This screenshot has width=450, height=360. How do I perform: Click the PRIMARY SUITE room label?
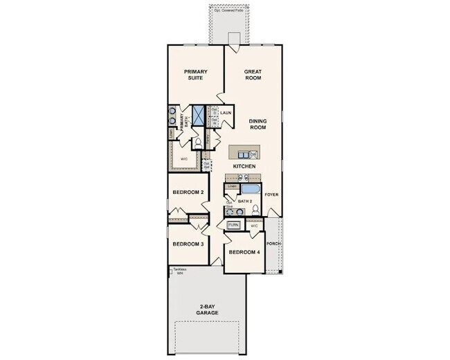click(x=196, y=75)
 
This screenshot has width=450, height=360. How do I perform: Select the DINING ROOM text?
click(x=258, y=124)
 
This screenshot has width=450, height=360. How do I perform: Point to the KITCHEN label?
click(x=244, y=167)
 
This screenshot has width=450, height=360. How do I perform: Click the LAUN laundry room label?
click(x=226, y=112)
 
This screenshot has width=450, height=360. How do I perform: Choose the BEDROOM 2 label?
click(x=188, y=192)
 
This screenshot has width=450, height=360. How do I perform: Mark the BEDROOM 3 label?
click(x=188, y=244)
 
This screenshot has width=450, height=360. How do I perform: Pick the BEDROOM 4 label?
click(x=244, y=252)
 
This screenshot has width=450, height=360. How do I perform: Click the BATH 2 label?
click(x=244, y=201)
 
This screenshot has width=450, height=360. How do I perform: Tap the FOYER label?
click(x=271, y=195)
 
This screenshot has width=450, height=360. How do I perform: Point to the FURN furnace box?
click(x=234, y=225)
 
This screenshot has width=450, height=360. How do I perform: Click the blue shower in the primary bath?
click(x=197, y=114)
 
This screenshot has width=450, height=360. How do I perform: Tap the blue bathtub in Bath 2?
click(x=249, y=188)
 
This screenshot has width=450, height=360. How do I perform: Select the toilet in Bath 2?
click(x=255, y=209)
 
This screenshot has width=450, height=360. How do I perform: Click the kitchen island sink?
click(x=253, y=154)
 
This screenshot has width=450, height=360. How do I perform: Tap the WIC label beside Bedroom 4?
click(x=254, y=226)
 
